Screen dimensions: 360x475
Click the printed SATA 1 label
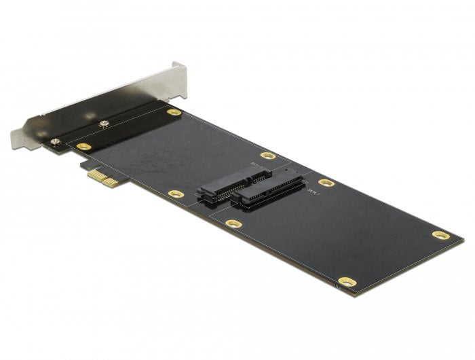coord(311,193)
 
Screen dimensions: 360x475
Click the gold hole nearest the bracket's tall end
coord(174,112)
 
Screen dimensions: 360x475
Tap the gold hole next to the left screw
coord(83,146)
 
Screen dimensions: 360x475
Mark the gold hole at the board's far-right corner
coord(440,235)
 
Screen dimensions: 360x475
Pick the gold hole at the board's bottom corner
coord(347,281)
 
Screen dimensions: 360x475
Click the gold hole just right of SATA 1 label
coord(326,183)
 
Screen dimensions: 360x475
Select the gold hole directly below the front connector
coord(233,223)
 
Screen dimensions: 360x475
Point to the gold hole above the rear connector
coord(268,156)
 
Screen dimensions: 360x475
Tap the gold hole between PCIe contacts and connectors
coord(175,194)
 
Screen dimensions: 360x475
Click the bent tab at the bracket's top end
coord(178,67)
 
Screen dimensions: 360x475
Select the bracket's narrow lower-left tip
coord(16,142)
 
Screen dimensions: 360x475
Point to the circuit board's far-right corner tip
coord(463,239)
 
